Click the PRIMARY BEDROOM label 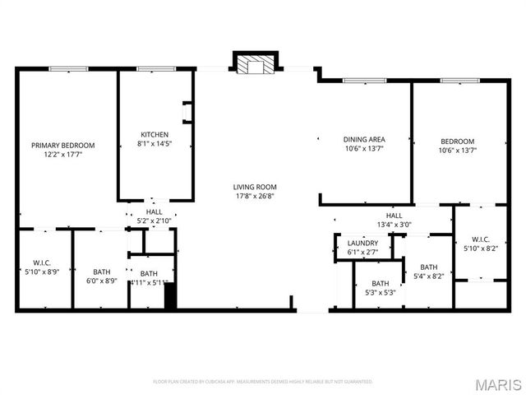click(x=63, y=145)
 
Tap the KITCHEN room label click(x=155, y=134)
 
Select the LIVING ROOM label click(x=255, y=187)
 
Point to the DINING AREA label click(x=363, y=139)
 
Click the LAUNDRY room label click(x=362, y=243)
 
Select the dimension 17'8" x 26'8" click(x=255, y=197)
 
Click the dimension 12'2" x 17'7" click(x=63, y=155)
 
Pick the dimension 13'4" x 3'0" click(x=394, y=225)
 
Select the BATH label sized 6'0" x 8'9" click(x=102, y=272)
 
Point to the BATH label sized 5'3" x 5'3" click(x=380, y=283)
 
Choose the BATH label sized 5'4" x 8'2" click(x=429, y=267)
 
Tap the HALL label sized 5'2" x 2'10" click(x=155, y=211)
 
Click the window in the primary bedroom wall click(x=68, y=69)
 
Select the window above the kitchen click(x=155, y=69)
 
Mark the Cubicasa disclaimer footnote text click(x=263, y=382)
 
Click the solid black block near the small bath click(x=171, y=296)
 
